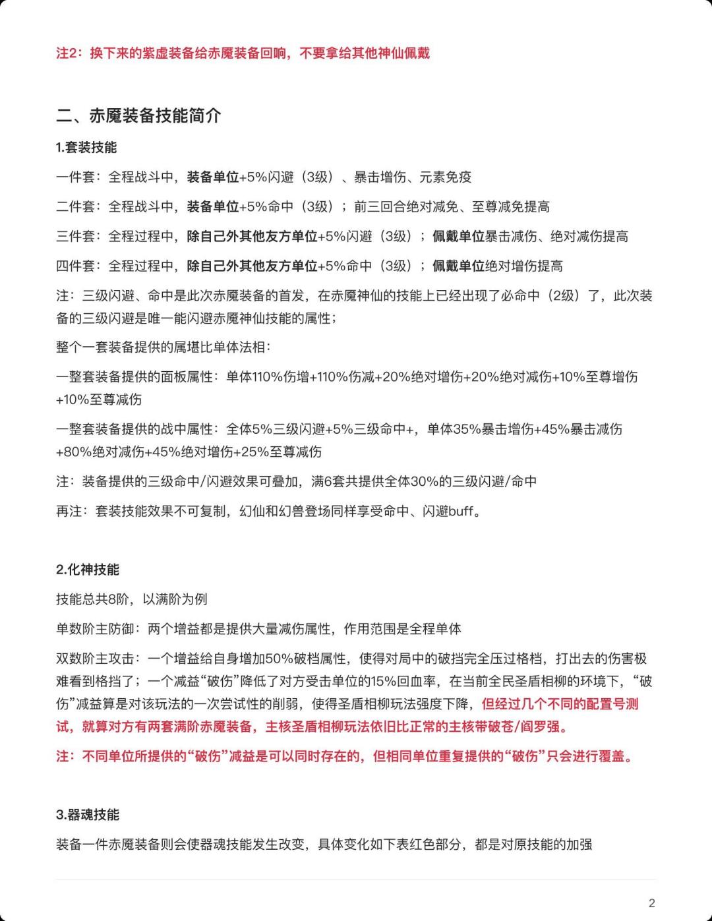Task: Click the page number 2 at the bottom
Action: pyautogui.click(x=652, y=903)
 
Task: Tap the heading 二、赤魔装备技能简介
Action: pyautogui.click(x=138, y=116)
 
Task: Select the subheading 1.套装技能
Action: pyautogui.click(x=86, y=148)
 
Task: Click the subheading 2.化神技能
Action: pyautogui.click(x=88, y=570)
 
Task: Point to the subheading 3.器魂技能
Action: pyautogui.click(x=88, y=815)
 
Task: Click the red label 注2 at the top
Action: pyautogui.click(x=69, y=53)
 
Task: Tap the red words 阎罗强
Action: pyautogui.click(x=547, y=727)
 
